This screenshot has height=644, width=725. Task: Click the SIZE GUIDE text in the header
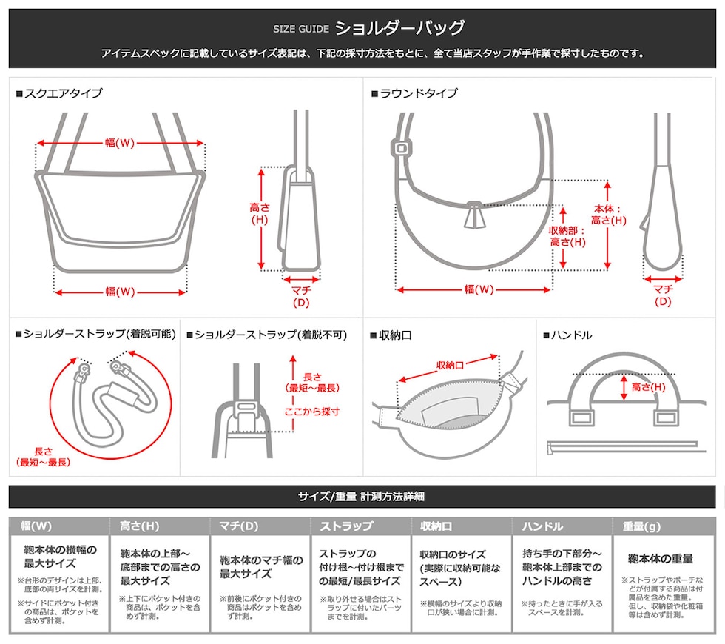tap(300, 29)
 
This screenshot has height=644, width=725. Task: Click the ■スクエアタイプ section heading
tap(59, 93)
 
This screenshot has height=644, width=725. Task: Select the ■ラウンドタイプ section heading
tap(414, 93)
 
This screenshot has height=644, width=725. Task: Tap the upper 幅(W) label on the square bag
tap(120, 143)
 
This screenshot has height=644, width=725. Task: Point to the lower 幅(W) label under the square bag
tap(120, 292)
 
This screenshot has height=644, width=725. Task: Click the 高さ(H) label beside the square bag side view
tap(260, 213)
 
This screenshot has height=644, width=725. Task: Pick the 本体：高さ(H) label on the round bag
tap(608, 215)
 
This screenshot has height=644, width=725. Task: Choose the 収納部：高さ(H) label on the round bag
tap(567, 236)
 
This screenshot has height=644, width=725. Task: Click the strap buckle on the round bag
tap(401, 149)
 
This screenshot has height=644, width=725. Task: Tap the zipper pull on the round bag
tap(474, 215)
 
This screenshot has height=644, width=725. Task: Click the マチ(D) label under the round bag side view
tap(663, 295)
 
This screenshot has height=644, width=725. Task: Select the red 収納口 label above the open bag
tap(450, 366)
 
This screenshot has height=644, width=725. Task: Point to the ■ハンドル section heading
tap(567, 335)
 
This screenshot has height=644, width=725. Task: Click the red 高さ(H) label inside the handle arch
tap(648, 386)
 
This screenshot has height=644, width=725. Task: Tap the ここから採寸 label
tap(312, 412)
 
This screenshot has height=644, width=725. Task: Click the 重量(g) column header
tap(642, 526)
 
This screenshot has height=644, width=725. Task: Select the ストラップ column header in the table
tap(346, 526)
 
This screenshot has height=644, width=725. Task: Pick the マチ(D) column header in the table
tap(238, 526)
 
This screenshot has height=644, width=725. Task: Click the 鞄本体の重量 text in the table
tap(660, 559)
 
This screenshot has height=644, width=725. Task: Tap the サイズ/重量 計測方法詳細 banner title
tap(362, 497)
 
